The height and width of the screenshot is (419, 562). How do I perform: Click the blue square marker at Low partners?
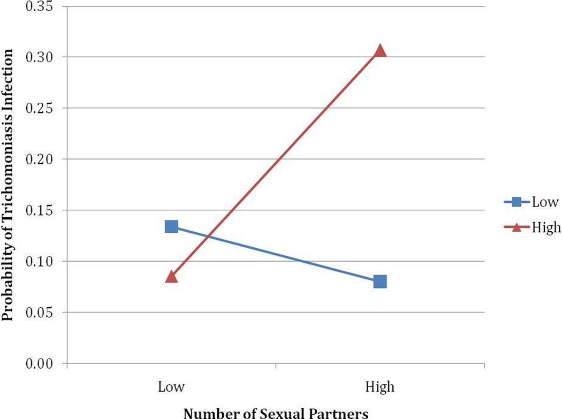click(171, 226)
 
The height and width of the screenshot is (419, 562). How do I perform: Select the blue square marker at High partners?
click(380, 281)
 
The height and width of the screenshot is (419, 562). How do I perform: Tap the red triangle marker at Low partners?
click(171, 277)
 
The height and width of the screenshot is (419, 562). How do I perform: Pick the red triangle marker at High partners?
click(380, 50)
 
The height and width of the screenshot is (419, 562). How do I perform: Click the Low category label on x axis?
click(171, 386)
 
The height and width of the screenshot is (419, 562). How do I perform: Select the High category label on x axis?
click(380, 386)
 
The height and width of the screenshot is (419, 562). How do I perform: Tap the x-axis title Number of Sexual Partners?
click(276, 413)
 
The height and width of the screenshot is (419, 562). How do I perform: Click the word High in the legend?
click(546, 227)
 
